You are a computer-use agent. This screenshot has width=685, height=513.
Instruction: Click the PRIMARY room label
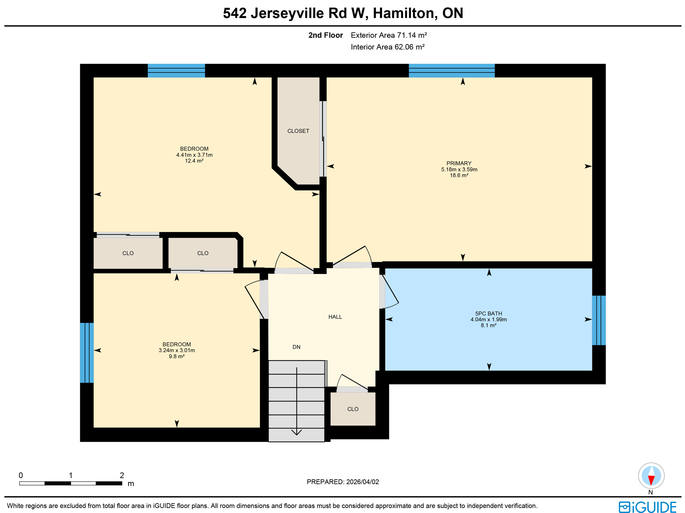[x=459, y=163]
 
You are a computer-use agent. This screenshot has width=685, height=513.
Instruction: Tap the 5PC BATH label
[x=488, y=313]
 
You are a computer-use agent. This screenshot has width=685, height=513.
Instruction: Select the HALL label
[x=335, y=317]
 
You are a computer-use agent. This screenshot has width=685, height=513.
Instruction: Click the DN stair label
[x=296, y=347]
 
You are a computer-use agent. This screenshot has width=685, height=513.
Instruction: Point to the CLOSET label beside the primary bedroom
[x=298, y=131]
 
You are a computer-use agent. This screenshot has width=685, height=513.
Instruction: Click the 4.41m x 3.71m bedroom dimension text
[x=194, y=155]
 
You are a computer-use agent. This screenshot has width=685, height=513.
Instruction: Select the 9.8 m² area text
[x=177, y=356]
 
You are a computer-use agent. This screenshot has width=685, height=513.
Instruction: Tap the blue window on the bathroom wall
[x=598, y=320]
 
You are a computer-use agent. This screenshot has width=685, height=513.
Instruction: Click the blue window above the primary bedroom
[x=451, y=71]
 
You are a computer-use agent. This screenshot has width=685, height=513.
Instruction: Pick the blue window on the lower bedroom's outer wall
[x=87, y=352]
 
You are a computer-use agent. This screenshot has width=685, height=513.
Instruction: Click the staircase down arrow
[x=297, y=431]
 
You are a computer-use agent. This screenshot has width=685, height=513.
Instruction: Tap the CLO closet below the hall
[x=353, y=409]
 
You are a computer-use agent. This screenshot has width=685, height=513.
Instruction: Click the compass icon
[x=651, y=475]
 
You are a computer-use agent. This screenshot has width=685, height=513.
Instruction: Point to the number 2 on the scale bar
[x=122, y=475]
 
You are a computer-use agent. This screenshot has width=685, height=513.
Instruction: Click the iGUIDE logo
[x=647, y=507]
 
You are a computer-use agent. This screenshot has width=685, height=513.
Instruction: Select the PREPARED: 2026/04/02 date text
[x=342, y=482]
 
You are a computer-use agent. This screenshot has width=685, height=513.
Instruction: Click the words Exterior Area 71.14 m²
[x=389, y=35]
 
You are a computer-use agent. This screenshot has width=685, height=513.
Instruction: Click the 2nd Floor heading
[x=325, y=35]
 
